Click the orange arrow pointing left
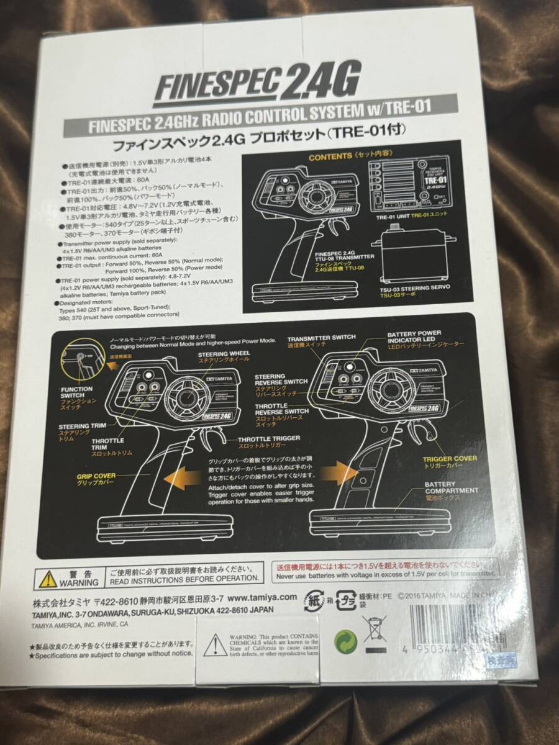[186, 480]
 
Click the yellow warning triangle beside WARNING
[48, 579]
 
